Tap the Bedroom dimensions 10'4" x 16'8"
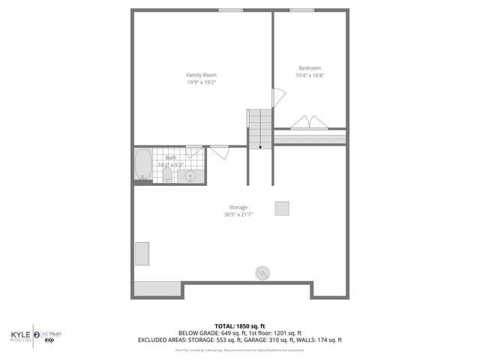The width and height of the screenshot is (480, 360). click(310, 75)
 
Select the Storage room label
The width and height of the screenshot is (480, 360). click(238, 207)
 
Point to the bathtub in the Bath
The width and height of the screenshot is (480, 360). click(142, 164)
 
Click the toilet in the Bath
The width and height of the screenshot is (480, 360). click(167, 174)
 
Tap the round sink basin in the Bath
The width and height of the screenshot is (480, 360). click(191, 176)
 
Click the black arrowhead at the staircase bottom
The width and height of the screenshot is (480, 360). click(261, 148)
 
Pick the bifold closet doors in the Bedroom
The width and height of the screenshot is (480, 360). click(310, 122)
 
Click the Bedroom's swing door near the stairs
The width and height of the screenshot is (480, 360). click(277, 97)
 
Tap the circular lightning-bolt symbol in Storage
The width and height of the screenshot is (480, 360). click(263, 273)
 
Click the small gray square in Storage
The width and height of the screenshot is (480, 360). click(282, 208)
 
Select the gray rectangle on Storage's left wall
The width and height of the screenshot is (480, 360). click(140, 253)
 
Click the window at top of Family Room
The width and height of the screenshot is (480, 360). click(230, 10)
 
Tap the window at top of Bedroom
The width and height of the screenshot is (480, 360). click(302, 10)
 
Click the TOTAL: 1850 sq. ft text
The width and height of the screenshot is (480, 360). click(240, 326)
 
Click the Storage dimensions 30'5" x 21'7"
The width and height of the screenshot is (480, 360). click(238, 214)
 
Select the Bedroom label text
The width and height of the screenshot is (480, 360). click(310, 67)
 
